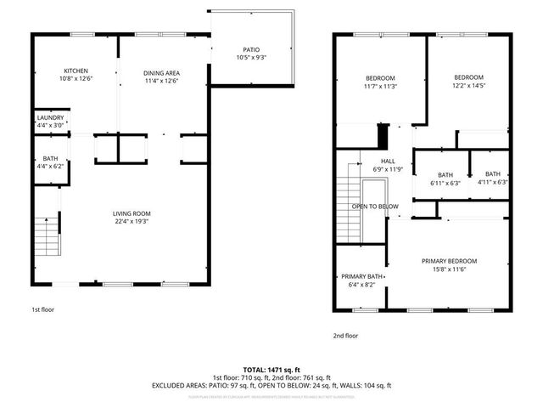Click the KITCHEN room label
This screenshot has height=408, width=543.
click(x=76, y=71)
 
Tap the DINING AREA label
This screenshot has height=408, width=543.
click(x=161, y=73)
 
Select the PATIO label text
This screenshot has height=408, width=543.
click(x=252, y=50)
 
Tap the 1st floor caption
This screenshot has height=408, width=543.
click(x=42, y=310)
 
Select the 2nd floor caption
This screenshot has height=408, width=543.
click(x=345, y=336)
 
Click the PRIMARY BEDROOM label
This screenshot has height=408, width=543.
click(x=450, y=261)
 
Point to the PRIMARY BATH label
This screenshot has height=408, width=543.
click(x=362, y=277)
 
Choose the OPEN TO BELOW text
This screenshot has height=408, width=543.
click(x=375, y=207)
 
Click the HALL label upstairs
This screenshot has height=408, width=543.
click(x=388, y=161)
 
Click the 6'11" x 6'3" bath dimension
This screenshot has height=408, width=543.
click(x=445, y=183)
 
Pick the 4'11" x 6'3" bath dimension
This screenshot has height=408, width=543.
click(x=492, y=182)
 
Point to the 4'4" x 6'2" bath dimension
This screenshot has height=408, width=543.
click(x=50, y=168)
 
